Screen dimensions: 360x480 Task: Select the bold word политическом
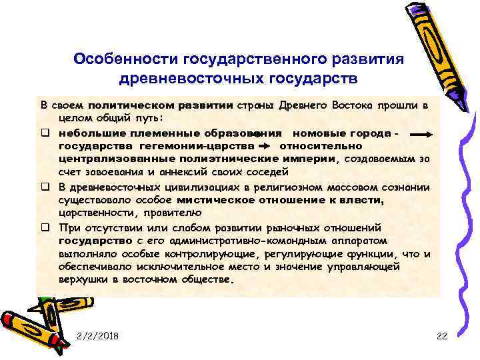(x=127, y=105)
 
